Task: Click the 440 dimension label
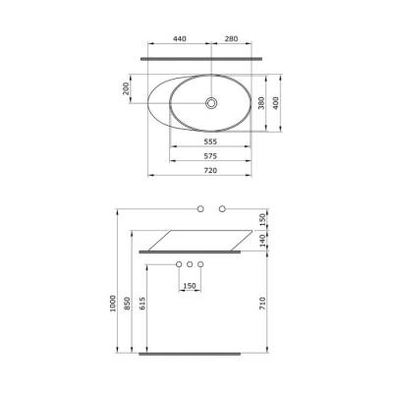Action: pyautogui.click(x=179, y=39)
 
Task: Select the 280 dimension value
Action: pyautogui.click(x=231, y=39)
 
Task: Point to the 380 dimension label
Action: pyautogui.click(x=261, y=102)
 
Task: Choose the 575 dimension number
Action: pyautogui.click(x=210, y=156)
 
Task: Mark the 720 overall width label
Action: pyautogui.click(x=210, y=170)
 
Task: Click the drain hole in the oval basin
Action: pyautogui.click(x=211, y=101)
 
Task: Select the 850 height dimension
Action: pyautogui.click(x=128, y=305)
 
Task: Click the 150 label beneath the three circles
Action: pyautogui.click(x=189, y=286)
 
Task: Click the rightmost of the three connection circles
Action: pyautogui.click(x=199, y=265)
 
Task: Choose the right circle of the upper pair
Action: pyautogui.click(x=222, y=208)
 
